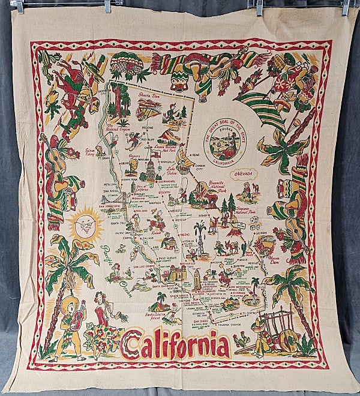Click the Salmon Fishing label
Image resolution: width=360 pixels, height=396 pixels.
coord(92,152)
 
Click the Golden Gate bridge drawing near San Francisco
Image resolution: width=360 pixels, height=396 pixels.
coord(117,199)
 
